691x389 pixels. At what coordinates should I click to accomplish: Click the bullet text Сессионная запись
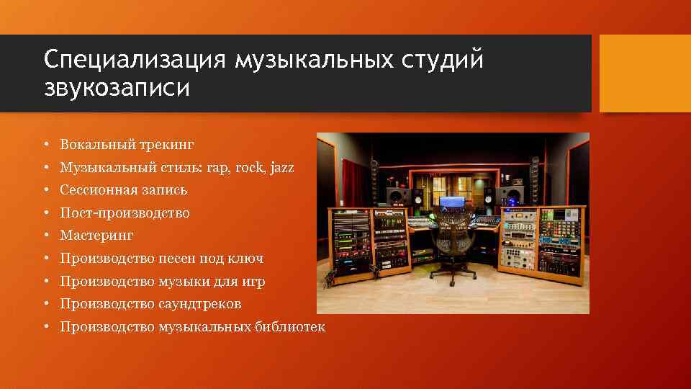point(124,190)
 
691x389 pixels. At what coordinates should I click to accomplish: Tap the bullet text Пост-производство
point(125,213)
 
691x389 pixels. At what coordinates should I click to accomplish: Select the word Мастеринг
point(97,236)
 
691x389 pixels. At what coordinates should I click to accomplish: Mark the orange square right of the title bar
point(645,74)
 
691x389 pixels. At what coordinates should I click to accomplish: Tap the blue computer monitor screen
point(451,203)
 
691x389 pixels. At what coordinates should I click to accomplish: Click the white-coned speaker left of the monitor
point(395,197)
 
